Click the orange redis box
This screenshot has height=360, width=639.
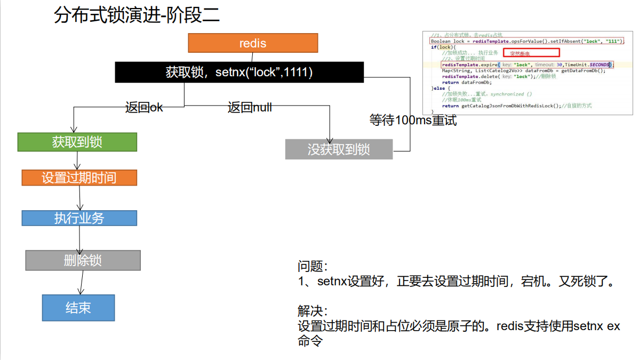pos(253,43)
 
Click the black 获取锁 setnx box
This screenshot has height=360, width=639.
pos(239,72)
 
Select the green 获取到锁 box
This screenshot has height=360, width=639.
pos(77,142)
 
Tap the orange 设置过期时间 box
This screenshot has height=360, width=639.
pos(79,178)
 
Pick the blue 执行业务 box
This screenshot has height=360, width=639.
pos(79,218)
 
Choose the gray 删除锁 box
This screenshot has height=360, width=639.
pos(83,260)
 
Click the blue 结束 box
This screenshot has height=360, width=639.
pos(78,308)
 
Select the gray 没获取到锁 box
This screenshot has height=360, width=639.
pos(339,149)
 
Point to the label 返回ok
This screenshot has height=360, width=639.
pos(144,107)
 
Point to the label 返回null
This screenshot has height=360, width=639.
pos(250,107)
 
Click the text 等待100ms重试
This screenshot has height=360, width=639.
pos(413,120)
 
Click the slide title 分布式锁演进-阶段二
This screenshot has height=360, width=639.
pos(137,16)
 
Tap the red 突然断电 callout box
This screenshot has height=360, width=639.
pos(531,53)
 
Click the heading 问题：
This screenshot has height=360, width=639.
pos(313,266)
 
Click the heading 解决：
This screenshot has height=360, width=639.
pos(313,310)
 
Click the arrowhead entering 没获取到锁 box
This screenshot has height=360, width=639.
pos(331,137)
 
